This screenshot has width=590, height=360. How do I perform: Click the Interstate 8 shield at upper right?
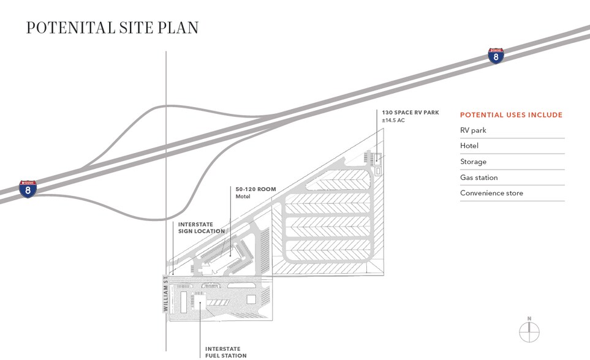click(496, 56)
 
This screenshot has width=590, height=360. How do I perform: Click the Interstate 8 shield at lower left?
click(27, 189)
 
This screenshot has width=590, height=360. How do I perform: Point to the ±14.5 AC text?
click(393, 121)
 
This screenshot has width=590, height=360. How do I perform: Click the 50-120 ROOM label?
click(256, 189)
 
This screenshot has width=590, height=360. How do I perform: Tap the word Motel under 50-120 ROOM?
click(243, 197)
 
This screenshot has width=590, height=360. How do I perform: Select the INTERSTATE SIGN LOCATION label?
click(201, 228)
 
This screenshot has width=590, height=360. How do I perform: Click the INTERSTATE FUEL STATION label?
click(225, 352)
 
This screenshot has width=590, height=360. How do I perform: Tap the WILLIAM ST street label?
click(165, 294)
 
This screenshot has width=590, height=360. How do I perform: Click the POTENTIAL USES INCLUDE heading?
click(511, 115)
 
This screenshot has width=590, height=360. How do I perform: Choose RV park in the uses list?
click(473, 130)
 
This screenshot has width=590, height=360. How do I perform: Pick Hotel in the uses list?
click(469, 146)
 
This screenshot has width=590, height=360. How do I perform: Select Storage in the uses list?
click(473, 162)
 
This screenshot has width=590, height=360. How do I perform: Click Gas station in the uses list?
click(478, 178)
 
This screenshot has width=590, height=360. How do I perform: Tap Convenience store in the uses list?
click(491, 193)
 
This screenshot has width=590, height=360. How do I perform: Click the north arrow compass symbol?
click(529, 332)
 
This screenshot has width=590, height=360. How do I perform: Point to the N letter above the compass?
click(529, 318)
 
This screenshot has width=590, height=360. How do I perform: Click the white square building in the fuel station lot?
click(251, 299)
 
